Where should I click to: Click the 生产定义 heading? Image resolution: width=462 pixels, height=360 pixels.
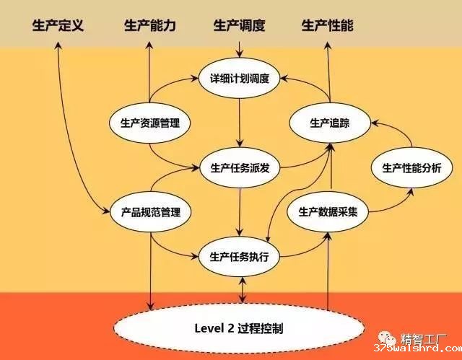58,25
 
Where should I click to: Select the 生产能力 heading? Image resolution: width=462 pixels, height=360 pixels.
150,25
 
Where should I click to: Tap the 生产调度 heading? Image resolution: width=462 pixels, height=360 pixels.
239,25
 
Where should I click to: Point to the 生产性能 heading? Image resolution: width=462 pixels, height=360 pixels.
327,25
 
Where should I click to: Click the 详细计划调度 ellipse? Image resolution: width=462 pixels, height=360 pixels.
239,78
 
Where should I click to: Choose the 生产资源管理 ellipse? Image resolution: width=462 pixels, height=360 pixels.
149,123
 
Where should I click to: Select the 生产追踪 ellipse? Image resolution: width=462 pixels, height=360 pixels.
330,123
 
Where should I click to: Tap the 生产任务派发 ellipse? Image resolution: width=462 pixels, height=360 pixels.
240,168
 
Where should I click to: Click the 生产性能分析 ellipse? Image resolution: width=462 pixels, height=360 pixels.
411,168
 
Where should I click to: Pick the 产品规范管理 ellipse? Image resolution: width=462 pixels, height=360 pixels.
151,212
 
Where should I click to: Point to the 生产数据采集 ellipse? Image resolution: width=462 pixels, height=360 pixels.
328,212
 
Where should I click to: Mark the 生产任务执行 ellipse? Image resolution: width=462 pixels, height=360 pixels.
239,257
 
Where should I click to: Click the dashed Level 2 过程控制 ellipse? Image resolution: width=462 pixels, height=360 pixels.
239,328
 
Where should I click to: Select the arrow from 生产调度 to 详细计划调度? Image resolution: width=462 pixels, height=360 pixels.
239,50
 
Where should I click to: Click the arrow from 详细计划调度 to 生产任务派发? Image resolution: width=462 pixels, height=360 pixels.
239,123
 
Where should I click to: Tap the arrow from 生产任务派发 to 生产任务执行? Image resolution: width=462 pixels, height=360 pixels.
240,212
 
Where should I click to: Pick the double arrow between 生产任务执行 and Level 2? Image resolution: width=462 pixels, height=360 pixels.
243,290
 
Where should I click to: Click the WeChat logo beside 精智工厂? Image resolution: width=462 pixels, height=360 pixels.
387,338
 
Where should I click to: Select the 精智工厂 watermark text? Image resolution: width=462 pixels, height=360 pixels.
424,339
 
